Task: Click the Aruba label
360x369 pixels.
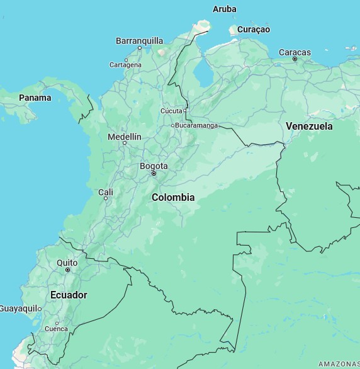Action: tap(225, 9)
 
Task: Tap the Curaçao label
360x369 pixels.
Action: tap(253, 30)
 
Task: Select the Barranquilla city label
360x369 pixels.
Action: tap(139, 41)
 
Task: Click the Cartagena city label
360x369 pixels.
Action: tap(125, 65)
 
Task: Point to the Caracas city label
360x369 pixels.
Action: tap(295, 52)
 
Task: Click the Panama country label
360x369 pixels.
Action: tap(35, 98)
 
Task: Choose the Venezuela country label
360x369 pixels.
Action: tap(309, 126)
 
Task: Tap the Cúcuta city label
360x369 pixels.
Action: tap(171, 111)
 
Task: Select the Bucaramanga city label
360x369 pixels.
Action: tap(196, 125)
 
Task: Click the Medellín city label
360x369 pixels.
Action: tap(125, 137)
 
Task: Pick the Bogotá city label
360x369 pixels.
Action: tap(154, 166)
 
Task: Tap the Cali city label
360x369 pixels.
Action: tap(106, 192)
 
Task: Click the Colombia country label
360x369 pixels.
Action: tap(173, 197)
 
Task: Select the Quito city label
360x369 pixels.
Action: tap(67, 263)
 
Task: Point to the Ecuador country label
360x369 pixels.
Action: tap(69, 295)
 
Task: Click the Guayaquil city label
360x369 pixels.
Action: tap(19, 309)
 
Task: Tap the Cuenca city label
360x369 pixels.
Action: tap(56, 329)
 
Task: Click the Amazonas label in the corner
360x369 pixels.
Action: tap(339, 364)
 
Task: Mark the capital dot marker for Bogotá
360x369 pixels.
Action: tap(154, 174)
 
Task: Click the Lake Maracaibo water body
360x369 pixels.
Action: tap(203, 72)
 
